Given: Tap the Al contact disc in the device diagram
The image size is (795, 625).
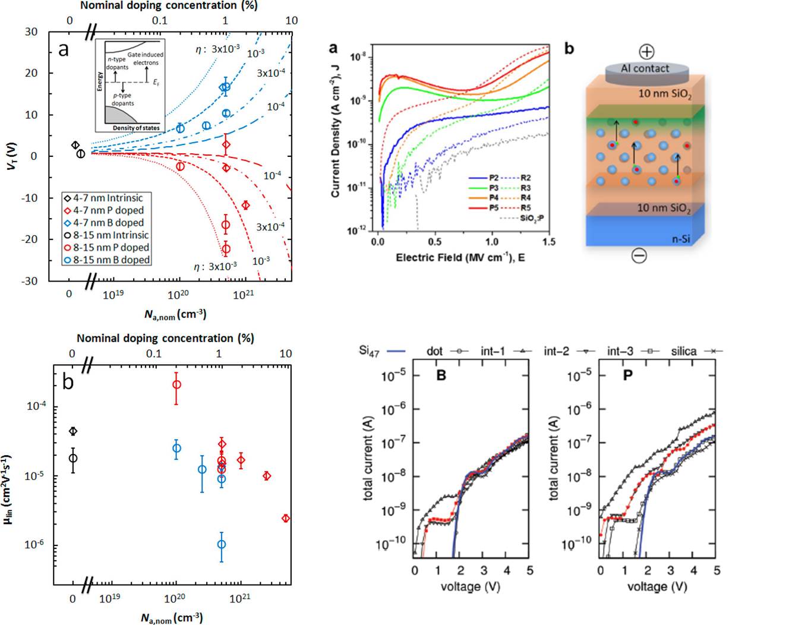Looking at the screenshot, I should tap(645, 70).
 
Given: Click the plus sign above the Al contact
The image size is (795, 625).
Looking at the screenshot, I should tap(646, 51).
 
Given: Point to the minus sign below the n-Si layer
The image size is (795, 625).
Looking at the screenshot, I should tap(639, 255).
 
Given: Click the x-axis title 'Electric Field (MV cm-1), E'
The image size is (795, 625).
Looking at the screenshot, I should tap(460, 257).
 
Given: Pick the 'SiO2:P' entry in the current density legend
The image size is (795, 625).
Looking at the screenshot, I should tap(531, 218).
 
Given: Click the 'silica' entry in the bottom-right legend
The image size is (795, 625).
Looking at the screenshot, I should tap(684, 351).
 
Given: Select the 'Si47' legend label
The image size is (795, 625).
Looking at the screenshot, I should tap(369, 351).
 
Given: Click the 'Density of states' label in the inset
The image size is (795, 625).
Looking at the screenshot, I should tap(136, 128).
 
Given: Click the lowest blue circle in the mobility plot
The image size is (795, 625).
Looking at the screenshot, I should tap(222, 544).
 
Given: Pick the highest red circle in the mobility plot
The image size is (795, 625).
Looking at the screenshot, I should tap(176, 384).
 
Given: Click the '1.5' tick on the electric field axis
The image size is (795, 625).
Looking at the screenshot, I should tap(548, 242).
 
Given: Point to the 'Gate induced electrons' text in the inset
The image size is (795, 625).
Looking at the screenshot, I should tap(146, 58).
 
